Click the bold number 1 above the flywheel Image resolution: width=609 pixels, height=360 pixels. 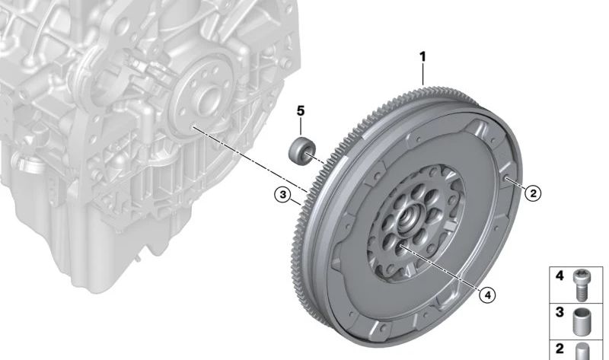(x=423, y=56)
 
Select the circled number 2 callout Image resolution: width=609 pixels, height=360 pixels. (x=533, y=193)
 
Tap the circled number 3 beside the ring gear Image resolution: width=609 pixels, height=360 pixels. (x=283, y=196)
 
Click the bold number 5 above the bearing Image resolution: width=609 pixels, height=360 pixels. (x=301, y=111)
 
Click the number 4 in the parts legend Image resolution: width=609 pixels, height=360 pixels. (x=560, y=276)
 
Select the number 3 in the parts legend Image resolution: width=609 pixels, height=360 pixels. (x=560, y=311)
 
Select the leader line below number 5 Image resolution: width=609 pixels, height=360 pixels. (x=301, y=128)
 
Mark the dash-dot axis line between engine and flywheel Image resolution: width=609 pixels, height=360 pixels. (x=251, y=157)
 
